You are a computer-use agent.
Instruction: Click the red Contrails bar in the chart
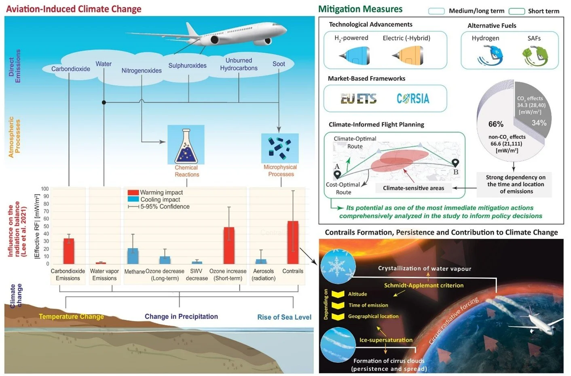pos(293,242)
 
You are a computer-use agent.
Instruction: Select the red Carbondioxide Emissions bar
pos(69,251)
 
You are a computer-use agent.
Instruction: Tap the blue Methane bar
pos(133,256)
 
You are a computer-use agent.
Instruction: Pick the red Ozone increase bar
pos(229,245)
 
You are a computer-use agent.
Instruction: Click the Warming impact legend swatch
pos(133,193)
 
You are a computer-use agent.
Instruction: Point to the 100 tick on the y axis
pos(44,189)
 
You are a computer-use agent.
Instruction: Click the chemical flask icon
pos(186,146)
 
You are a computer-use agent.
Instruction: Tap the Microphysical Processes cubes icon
pos(280,148)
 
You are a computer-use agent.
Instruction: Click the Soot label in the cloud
pos(279,64)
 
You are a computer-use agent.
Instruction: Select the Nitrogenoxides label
pos(142,70)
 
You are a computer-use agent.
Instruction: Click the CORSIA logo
pos(413,98)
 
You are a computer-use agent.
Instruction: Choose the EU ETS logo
pos(358,98)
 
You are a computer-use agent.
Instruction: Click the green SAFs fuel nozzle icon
pos(535,56)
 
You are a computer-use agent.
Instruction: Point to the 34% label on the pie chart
pos(539,123)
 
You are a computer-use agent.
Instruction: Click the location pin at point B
pos(455,163)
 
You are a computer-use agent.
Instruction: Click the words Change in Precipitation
pos(181,317)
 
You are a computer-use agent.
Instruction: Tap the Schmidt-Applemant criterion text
pos(424,285)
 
